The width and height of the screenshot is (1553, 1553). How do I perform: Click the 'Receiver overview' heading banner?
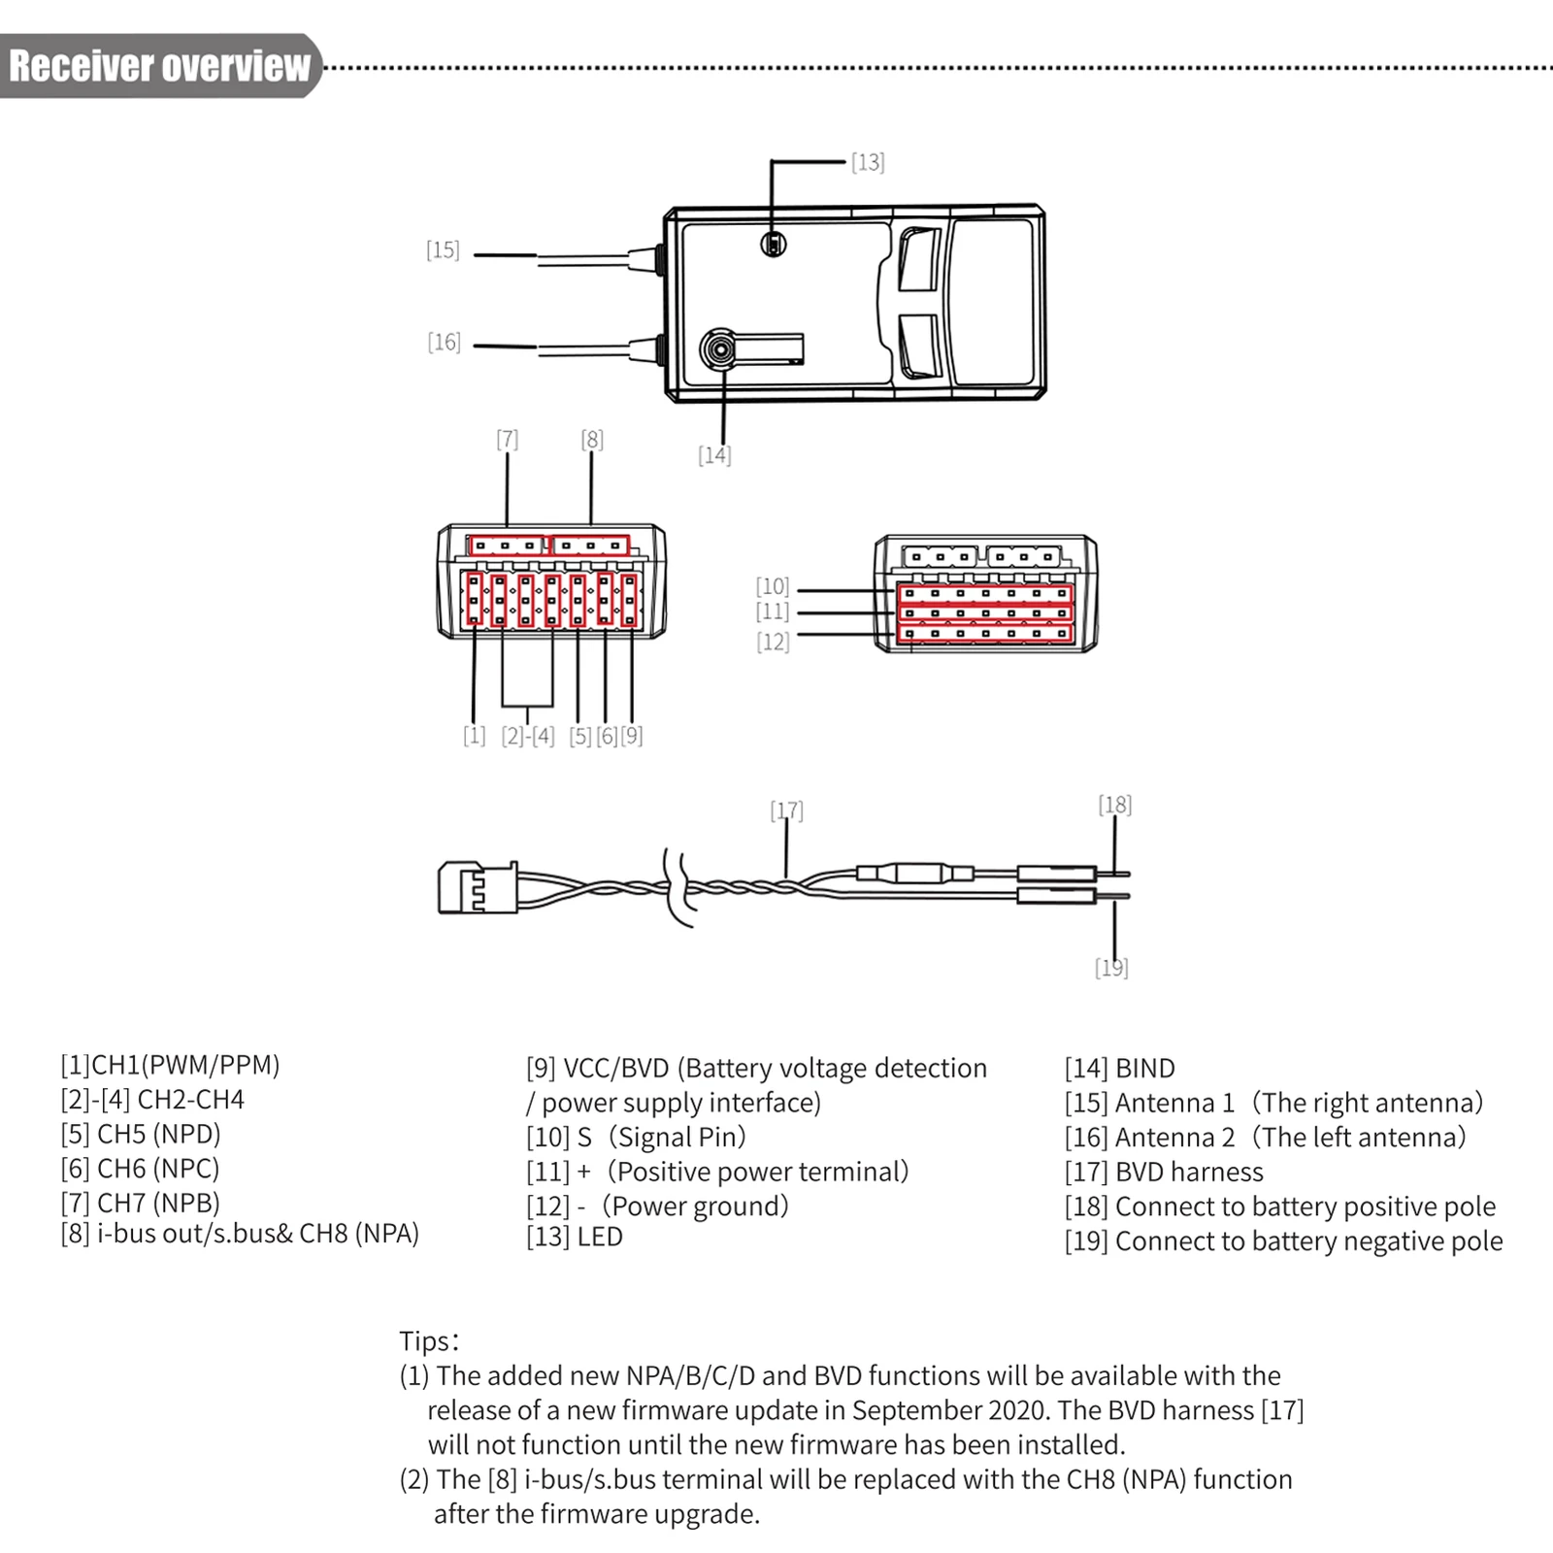point(160,66)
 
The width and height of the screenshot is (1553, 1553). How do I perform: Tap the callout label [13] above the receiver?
point(868,162)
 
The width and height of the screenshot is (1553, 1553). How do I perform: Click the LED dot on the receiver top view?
point(774,244)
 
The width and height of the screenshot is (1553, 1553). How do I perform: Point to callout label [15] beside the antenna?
point(443,250)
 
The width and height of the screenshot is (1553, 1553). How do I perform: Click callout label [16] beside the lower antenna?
point(445,343)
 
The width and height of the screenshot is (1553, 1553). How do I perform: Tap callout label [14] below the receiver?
point(714,455)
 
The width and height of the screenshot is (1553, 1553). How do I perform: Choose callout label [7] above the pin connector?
point(507,440)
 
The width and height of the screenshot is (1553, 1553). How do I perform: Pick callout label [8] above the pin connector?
point(592,440)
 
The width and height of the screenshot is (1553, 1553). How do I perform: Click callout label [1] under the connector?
point(474,736)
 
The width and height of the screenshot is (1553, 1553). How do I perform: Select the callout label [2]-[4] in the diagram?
point(528,736)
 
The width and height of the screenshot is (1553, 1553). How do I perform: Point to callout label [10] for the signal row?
point(773,586)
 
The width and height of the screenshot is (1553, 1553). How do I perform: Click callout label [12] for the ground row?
point(773,642)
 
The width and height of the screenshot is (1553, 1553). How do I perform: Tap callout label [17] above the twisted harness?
point(786,810)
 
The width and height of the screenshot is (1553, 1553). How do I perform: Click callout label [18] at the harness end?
point(1115,805)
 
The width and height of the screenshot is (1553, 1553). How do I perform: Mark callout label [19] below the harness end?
point(1111,968)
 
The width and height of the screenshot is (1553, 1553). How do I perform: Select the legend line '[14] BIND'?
point(1120,1069)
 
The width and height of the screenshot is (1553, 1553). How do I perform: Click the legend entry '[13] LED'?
point(575,1237)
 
